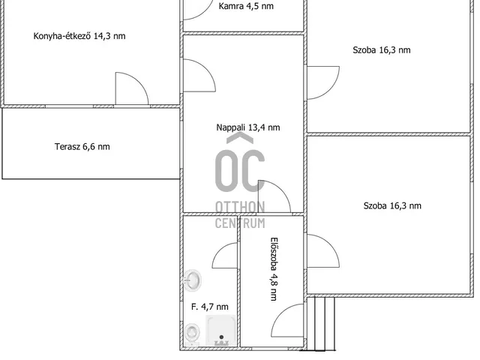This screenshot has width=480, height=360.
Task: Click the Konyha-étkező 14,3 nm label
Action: coord(79,36)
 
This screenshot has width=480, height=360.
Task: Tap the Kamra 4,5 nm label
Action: coord(246,6)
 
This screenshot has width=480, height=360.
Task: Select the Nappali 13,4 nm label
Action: coord(248,127)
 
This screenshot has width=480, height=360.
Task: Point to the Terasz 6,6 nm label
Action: coord(82,147)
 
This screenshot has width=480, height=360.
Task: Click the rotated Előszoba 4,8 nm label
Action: coord(274,269)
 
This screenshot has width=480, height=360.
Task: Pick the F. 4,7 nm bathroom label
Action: coord(210,307)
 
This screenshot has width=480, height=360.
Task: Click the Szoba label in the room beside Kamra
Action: coord(382,50)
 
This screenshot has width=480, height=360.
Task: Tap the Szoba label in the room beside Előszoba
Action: coord(392,205)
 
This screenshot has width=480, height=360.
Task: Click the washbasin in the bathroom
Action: coord(192,280)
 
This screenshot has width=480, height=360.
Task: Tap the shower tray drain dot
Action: coord(221,337)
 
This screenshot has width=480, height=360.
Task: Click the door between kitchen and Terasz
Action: coord(132,88)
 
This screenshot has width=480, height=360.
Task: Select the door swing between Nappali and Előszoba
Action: coord(274,196)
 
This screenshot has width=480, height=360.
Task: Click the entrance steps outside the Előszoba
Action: coord(320,323)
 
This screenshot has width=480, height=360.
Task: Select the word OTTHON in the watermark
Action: coord(240,207)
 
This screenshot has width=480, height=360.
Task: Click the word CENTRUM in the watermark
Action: coord(240,223)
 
